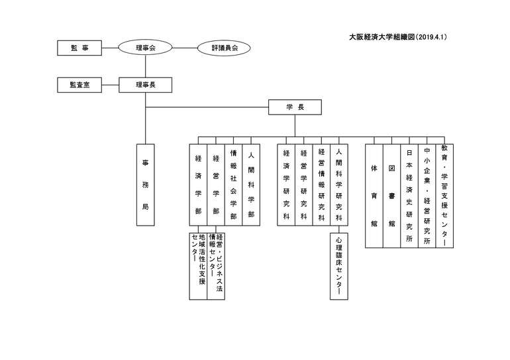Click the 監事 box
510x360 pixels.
(x=79, y=48)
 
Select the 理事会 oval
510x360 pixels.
(x=145, y=48)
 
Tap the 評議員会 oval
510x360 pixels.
(x=224, y=48)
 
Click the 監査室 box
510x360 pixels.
(x=79, y=85)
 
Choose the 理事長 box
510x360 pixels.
(x=146, y=85)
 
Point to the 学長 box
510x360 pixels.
(x=295, y=107)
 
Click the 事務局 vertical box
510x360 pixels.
(x=146, y=185)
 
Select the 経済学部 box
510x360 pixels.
(x=199, y=185)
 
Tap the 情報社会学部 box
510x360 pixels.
(x=234, y=185)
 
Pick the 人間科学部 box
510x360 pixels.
(x=251, y=185)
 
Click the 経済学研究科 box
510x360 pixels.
(x=286, y=185)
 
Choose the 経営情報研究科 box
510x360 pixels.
(x=321, y=185)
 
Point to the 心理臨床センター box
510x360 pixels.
(x=339, y=266)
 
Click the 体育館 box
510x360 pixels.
(x=374, y=196)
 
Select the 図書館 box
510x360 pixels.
(x=391, y=196)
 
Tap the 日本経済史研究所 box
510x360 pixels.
(x=409, y=196)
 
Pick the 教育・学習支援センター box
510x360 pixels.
(x=444, y=196)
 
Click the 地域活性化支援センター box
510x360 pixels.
(x=199, y=266)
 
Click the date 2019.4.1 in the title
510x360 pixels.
(x=431, y=37)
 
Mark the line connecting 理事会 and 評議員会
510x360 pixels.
(x=185, y=48)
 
